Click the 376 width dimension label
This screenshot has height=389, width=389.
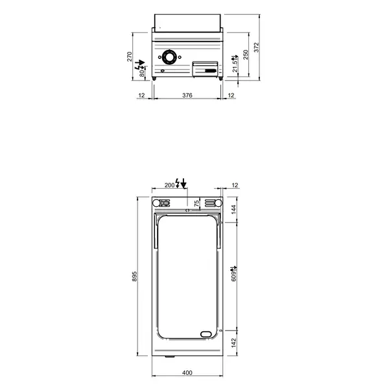pyautogui.click(x=187, y=95)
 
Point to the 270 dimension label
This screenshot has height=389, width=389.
pyautogui.click(x=130, y=56)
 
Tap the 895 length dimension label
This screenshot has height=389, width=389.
pyautogui.click(x=134, y=276)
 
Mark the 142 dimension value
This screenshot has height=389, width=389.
pyautogui.click(x=234, y=342)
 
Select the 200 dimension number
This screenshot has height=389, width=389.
pyautogui.click(x=169, y=185)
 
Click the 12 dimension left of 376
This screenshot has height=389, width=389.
pyautogui.click(x=141, y=95)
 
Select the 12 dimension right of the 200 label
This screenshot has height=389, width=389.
pyautogui.click(x=235, y=185)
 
